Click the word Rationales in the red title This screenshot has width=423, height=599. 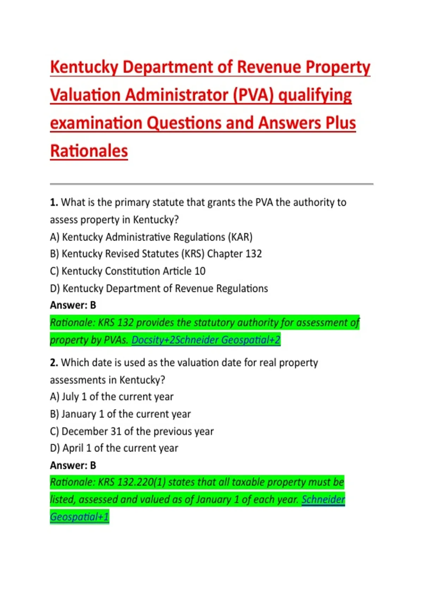[x=89, y=151]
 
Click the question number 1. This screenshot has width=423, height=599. [x=54, y=203]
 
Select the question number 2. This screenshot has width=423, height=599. [x=54, y=363]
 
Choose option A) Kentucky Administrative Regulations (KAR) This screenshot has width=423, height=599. [x=151, y=237]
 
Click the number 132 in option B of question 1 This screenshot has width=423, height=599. [x=254, y=254]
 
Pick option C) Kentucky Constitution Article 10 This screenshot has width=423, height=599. [x=128, y=271]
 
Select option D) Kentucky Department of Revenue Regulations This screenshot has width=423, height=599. [x=159, y=288]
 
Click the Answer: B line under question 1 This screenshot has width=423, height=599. [x=73, y=305]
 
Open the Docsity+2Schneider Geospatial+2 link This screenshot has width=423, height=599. [x=206, y=340]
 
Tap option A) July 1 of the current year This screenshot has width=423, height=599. [x=112, y=397]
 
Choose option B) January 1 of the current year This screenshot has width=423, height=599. [x=120, y=414]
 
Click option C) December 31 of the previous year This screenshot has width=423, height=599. [x=132, y=431]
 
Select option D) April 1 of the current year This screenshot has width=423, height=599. [x=114, y=448]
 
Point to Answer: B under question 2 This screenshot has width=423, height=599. [x=73, y=465]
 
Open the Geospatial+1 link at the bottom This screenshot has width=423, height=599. [x=79, y=517]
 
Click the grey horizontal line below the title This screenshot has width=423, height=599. [x=211, y=184]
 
